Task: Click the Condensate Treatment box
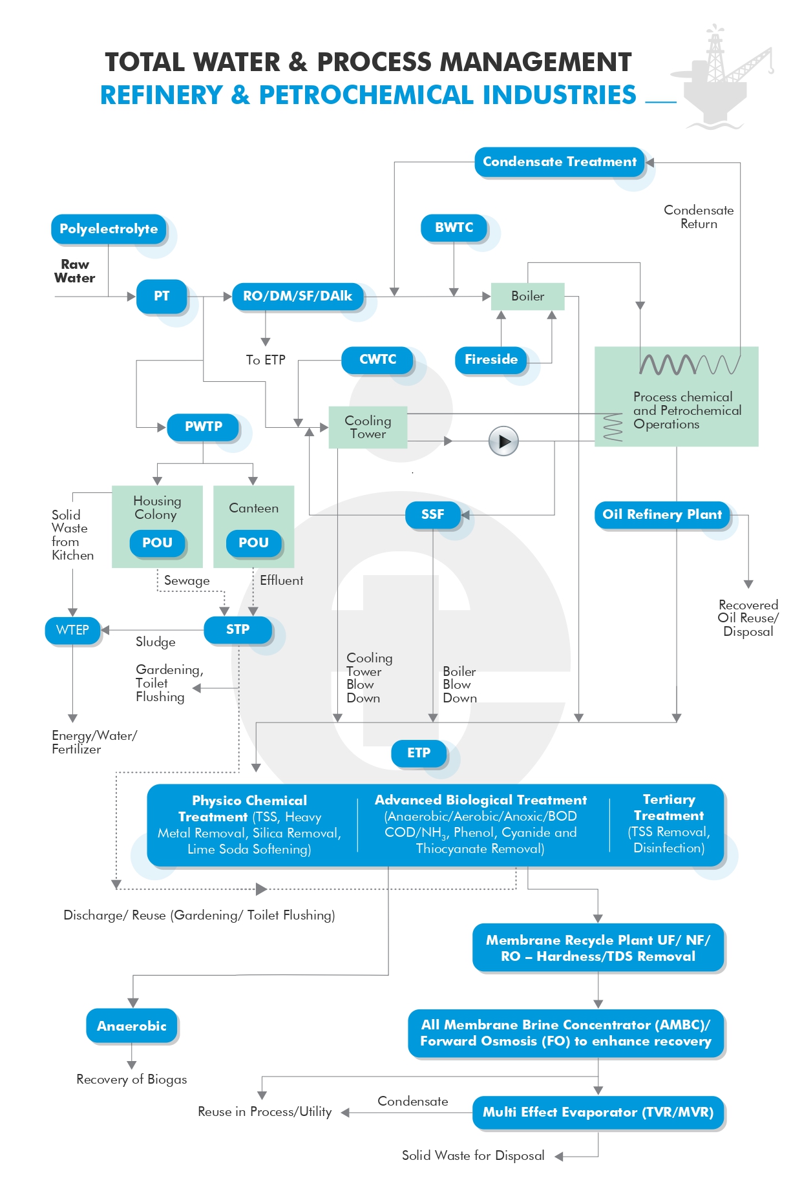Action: pyautogui.click(x=560, y=162)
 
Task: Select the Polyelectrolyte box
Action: pyautogui.click(x=109, y=229)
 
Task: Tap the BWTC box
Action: pyautogui.click(x=454, y=228)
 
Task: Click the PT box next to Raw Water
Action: pyautogui.click(x=162, y=297)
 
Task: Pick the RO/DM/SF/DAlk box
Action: pyautogui.click(x=297, y=297)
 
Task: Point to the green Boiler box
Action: pyautogui.click(x=528, y=296)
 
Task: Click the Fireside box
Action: pyautogui.click(x=491, y=359)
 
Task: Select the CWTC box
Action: pyautogui.click(x=377, y=359)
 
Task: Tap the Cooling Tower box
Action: pyautogui.click(x=368, y=427)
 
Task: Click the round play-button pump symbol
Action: pyautogui.click(x=504, y=441)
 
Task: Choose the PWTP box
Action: pyautogui.click(x=204, y=427)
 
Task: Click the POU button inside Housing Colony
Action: pyautogui.click(x=157, y=543)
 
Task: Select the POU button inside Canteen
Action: pyautogui.click(x=254, y=543)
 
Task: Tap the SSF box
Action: pyautogui.click(x=433, y=515)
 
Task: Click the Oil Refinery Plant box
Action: pyautogui.click(x=662, y=515)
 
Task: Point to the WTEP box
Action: pyautogui.click(x=72, y=630)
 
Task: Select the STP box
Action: pyautogui.click(x=238, y=630)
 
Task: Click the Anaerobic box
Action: pyautogui.click(x=132, y=1026)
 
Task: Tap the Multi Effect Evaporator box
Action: pyautogui.click(x=598, y=1112)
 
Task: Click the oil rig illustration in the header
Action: pyautogui.click(x=723, y=76)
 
